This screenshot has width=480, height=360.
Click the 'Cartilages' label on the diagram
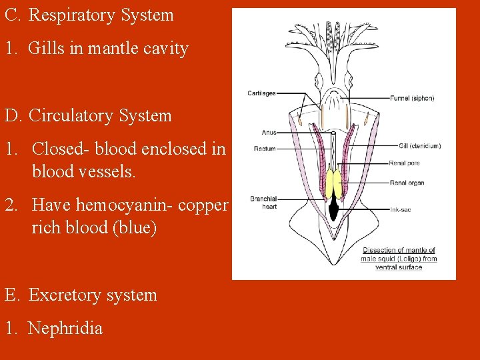pos(261,93)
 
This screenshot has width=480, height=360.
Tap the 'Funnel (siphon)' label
pos(412,98)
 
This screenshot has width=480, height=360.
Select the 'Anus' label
pos(269,133)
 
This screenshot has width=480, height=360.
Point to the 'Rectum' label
pos(265,149)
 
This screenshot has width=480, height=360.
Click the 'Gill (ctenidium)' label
pos(419,146)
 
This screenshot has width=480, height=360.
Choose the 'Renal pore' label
pos(405,163)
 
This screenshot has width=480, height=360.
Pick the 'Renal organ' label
pos(407,183)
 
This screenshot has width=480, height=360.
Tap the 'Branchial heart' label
pos(263,203)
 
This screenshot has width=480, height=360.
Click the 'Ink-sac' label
pos(401,209)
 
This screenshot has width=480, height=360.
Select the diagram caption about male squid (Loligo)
pos(399,259)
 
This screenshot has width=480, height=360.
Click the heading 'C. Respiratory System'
pos(89,15)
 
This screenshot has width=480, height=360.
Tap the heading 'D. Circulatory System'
pos(88,115)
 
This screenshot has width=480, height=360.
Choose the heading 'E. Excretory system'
pos(81,295)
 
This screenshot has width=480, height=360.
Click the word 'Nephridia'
pos(65,328)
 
